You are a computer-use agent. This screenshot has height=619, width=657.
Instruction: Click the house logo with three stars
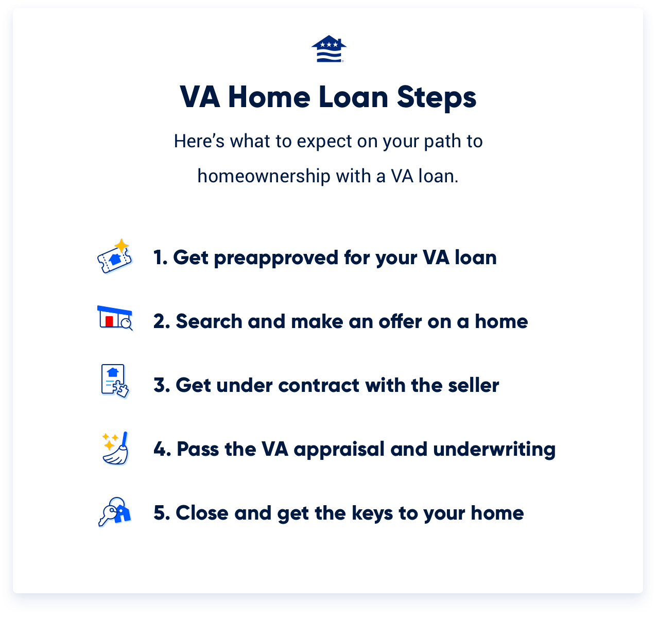[x=328, y=49]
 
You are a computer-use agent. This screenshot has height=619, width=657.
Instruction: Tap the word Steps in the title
[x=436, y=97]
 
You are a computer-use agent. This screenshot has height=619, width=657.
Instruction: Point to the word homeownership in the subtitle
[x=264, y=176]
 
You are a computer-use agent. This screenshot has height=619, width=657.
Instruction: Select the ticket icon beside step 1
[x=114, y=257]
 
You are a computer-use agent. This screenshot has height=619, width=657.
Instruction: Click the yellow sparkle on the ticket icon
[x=122, y=245]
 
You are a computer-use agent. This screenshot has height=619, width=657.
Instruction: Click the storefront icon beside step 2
[x=115, y=318]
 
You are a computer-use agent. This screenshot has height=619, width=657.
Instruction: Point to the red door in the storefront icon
[x=109, y=321]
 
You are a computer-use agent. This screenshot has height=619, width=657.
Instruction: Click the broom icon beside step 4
[x=116, y=449]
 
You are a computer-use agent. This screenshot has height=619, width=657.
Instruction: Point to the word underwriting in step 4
[x=494, y=450]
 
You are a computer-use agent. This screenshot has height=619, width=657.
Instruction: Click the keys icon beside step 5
[x=114, y=511]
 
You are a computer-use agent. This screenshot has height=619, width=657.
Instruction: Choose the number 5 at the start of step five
[x=159, y=513]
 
